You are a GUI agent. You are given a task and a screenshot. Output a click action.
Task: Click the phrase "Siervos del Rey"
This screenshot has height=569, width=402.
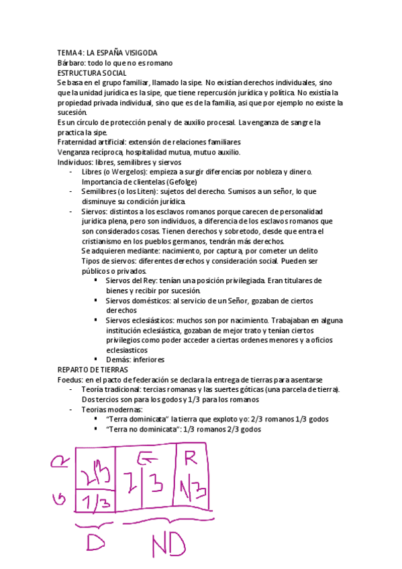point(131,280)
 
